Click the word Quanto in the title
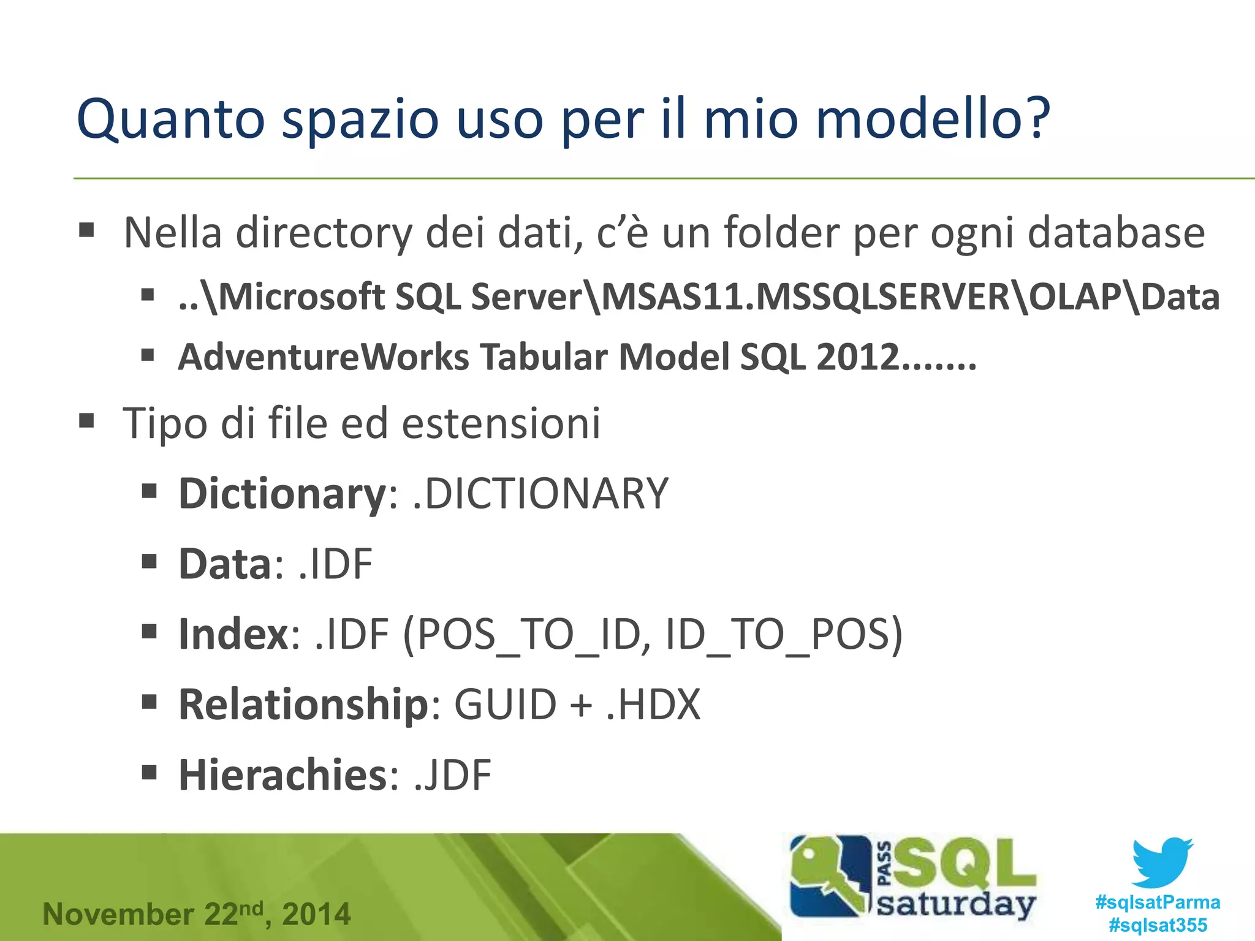(170, 119)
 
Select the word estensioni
(501, 423)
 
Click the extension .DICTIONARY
(540, 494)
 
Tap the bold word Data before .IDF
(224, 564)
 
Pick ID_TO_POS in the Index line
(782, 635)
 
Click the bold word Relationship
(303, 705)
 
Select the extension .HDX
(653, 705)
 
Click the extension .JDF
(452, 776)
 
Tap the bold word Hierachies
(282, 776)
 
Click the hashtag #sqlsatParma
(1157, 902)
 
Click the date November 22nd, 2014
(196, 914)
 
